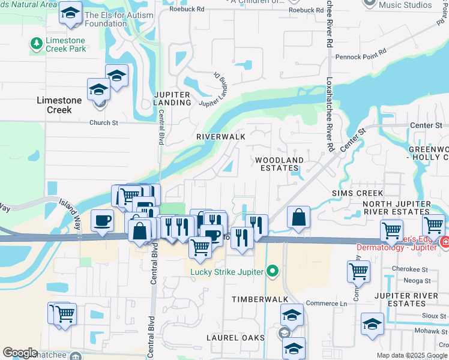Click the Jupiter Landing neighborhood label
pyautogui.click(x=172, y=99)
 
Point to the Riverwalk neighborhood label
pyautogui.click(x=221, y=137)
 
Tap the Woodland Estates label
pyautogui.click(x=279, y=164)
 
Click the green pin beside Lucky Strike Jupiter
pyautogui.click(x=273, y=272)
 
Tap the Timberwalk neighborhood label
pyautogui.click(x=260, y=299)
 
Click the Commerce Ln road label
pyautogui.click(x=326, y=304)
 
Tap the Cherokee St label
pyautogui.click(x=403, y=269)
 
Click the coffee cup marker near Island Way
pyautogui.click(x=102, y=220)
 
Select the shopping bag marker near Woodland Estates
pyautogui.click(x=298, y=217)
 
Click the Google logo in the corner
pyautogui.click(x=20, y=353)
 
